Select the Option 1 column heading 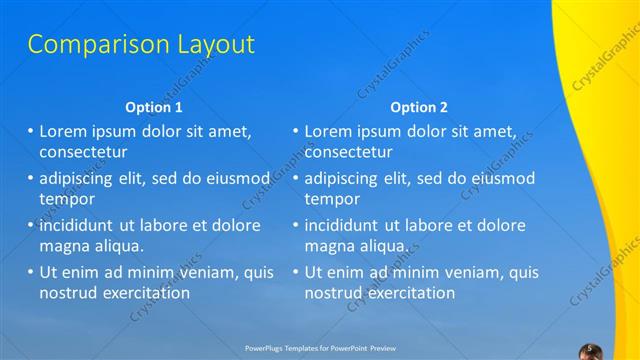click(x=154, y=107)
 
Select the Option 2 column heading click(x=419, y=107)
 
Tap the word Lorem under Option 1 click(x=64, y=132)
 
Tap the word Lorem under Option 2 click(x=329, y=132)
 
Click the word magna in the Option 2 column click(x=328, y=245)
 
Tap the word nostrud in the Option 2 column click(x=334, y=293)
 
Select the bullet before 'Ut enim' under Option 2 click(x=296, y=272)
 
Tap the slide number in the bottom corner click(x=590, y=348)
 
